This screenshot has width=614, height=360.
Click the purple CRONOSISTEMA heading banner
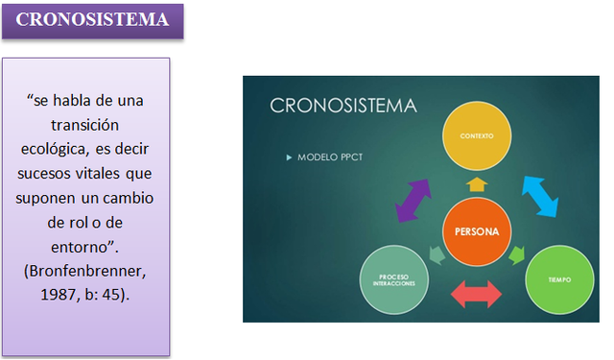coord(92,20)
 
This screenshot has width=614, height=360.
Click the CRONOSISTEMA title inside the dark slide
coord(342,105)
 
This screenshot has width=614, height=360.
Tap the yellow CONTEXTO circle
coord(477,135)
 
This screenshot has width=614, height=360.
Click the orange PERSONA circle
coord(477,231)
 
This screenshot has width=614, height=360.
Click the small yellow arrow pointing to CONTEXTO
coord(477,182)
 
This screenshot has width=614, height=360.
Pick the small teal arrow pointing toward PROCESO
coord(436,255)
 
